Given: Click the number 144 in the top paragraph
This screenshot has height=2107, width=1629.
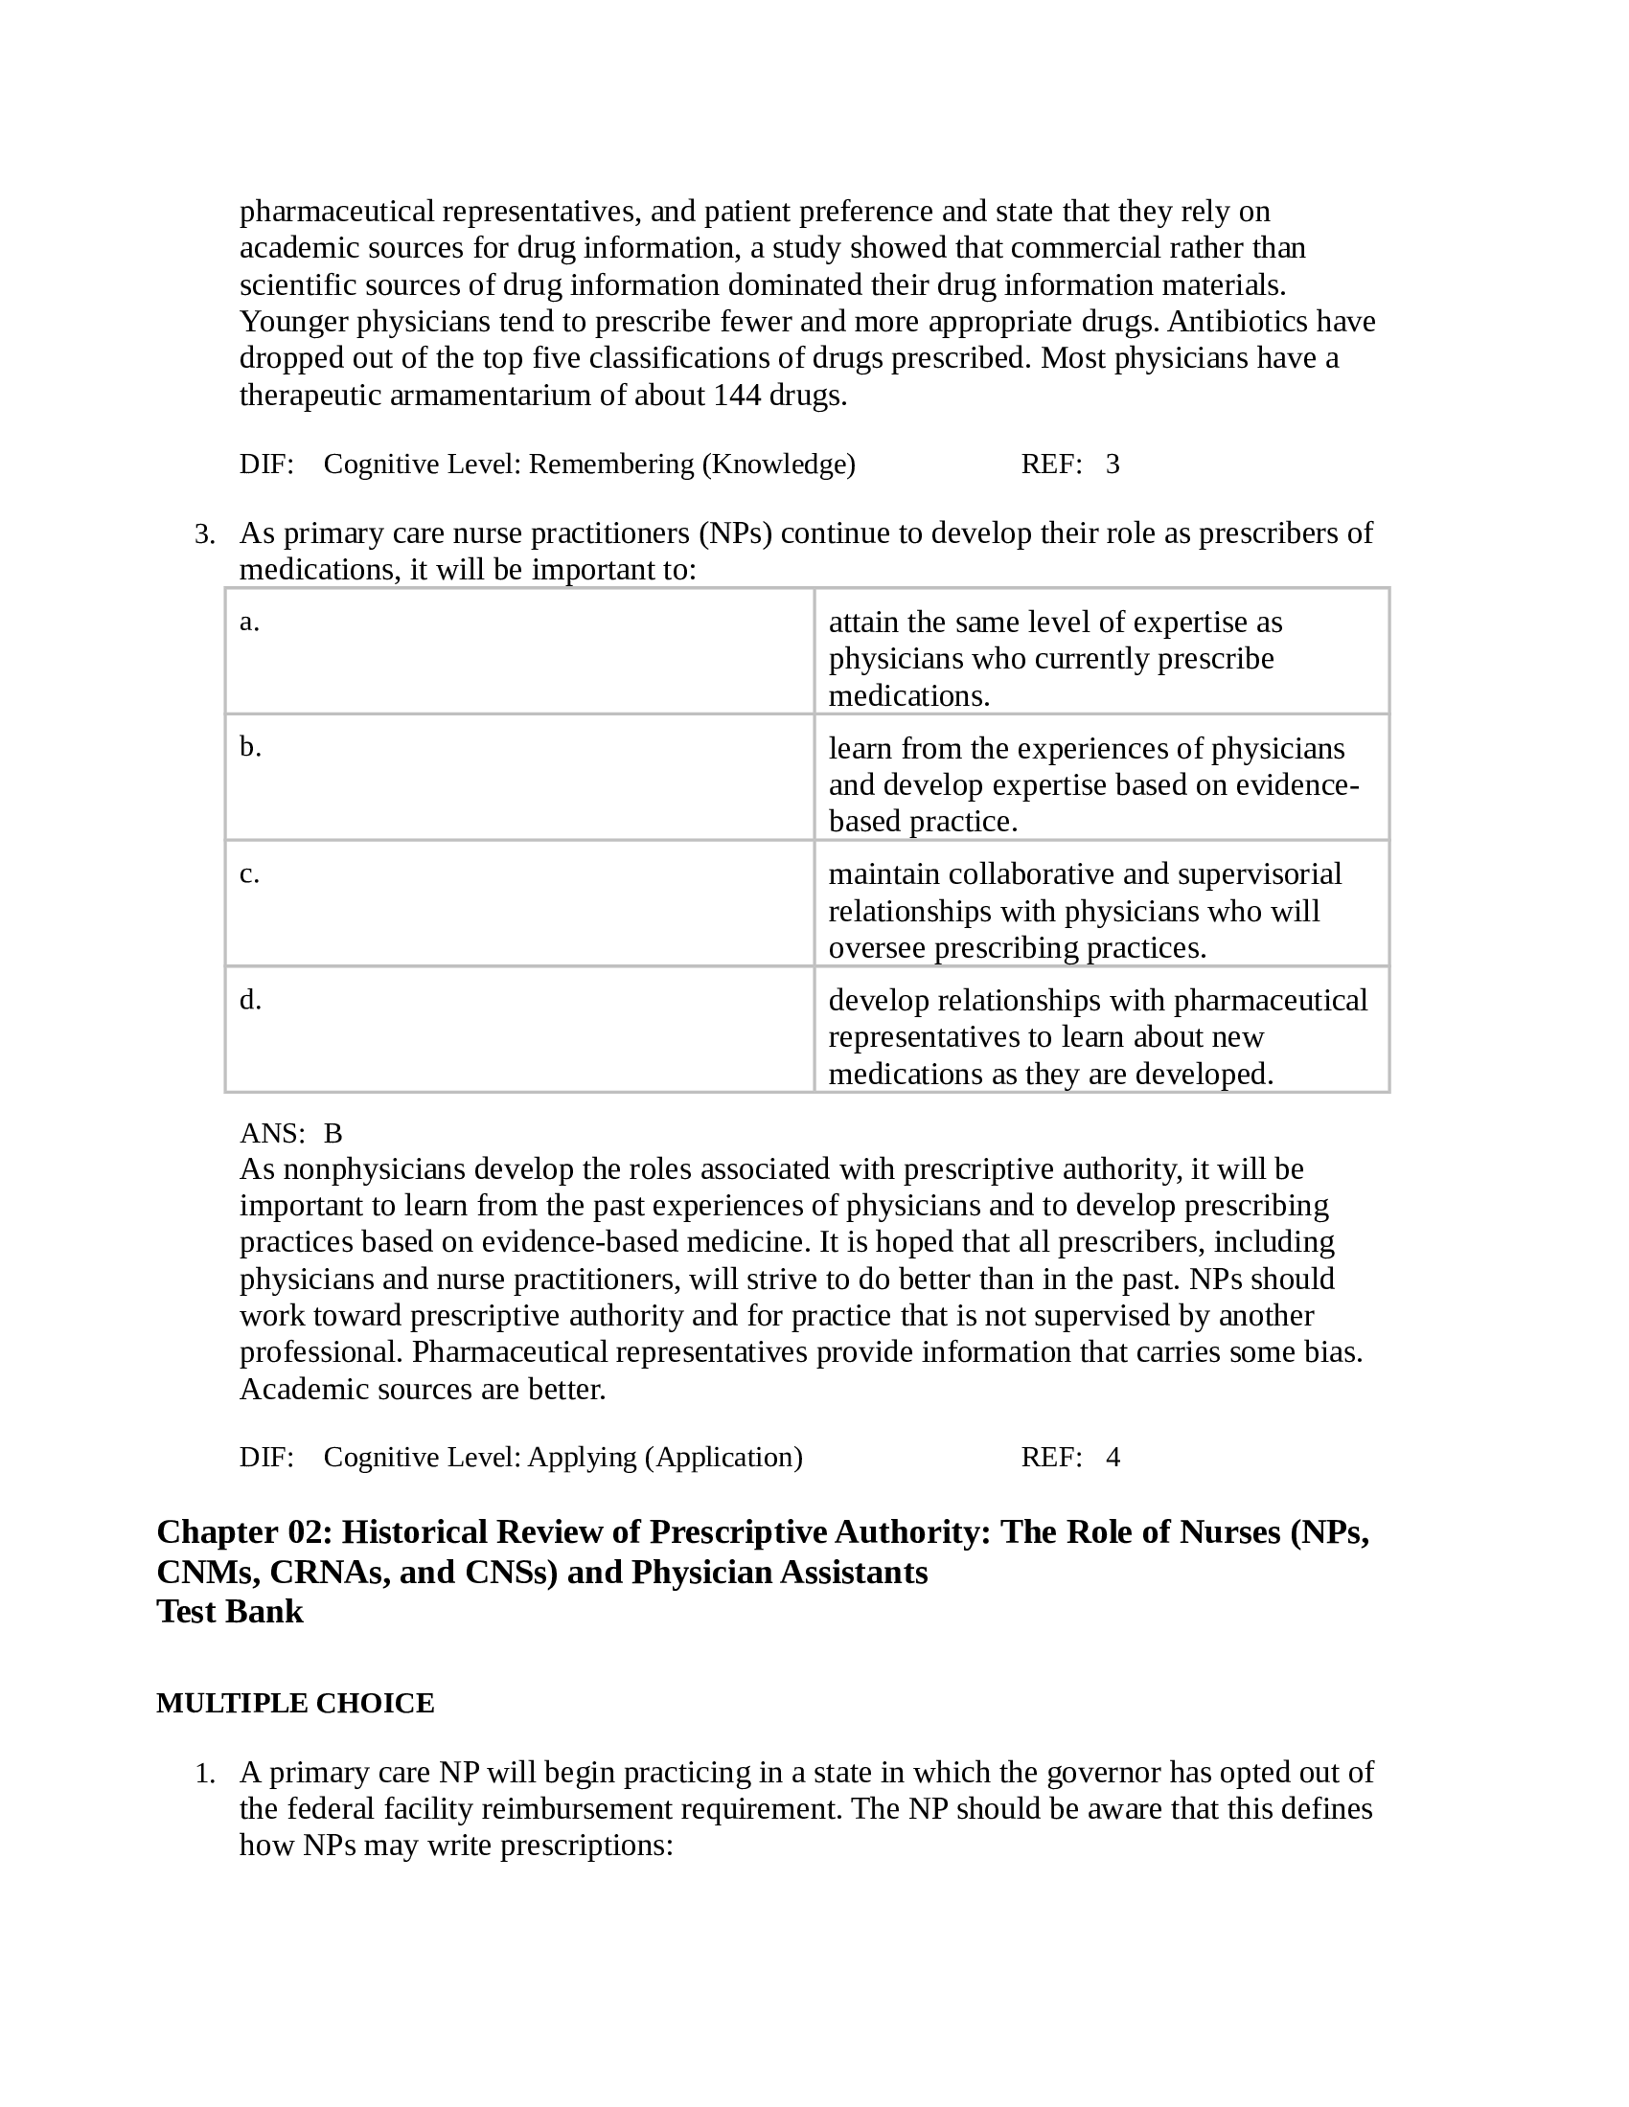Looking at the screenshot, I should click(736, 396).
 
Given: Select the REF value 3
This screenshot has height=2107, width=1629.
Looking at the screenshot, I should click(1113, 465).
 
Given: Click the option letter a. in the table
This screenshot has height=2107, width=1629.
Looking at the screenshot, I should click(249, 623).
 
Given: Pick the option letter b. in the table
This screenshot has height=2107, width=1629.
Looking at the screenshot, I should click(250, 748).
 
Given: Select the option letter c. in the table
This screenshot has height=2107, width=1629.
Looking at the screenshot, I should click(249, 874).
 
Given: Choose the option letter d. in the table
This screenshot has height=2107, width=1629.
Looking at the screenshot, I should click(250, 1001).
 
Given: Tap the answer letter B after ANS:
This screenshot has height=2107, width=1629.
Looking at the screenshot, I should click(333, 1133).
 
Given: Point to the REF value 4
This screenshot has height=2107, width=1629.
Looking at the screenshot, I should click(1113, 1457).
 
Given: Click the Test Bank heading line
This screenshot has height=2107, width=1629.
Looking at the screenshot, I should click(230, 1612).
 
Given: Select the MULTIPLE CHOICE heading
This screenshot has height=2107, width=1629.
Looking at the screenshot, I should click(295, 1704).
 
